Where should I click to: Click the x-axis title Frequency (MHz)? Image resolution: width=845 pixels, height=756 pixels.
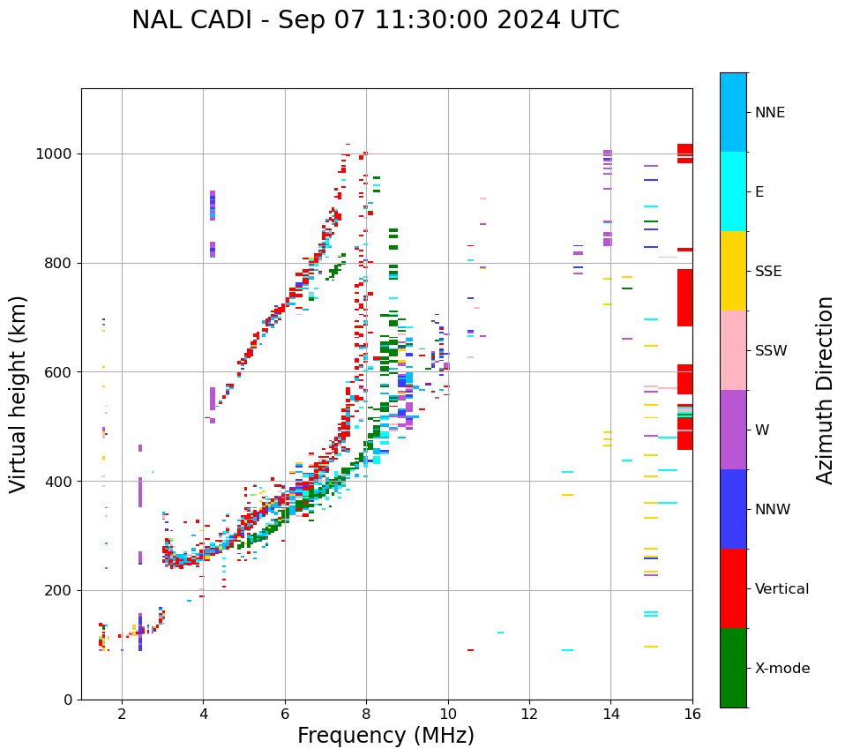coord(385,736)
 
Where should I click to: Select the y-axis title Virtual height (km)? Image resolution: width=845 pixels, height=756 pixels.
coord(19,393)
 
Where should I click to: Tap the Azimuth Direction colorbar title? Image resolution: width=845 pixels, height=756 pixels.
coord(825,389)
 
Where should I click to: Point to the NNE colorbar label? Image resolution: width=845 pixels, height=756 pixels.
coord(769,113)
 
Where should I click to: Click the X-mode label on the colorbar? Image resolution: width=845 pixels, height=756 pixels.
coord(782,669)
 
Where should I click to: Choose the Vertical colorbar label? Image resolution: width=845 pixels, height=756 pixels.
coord(781,589)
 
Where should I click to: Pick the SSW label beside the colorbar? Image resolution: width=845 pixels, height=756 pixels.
coord(771,351)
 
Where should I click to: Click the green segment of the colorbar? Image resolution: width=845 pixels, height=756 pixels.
coord(733,668)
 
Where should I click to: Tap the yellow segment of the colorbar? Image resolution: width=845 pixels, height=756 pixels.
coord(733,271)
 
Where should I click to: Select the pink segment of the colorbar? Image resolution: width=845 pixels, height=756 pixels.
coord(733,350)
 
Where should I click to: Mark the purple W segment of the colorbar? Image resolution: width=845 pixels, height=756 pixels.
coord(733,430)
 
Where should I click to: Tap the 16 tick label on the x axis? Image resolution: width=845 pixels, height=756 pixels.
coord(692,714)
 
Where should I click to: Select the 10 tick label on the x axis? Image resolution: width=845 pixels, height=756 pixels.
coord(448,714)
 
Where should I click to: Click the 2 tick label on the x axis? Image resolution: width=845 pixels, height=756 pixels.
coord(122,714)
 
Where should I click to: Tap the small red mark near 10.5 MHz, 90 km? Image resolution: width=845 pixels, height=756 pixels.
coord(470,650)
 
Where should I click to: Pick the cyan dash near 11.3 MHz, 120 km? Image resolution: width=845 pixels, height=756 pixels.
coord(500,632)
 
